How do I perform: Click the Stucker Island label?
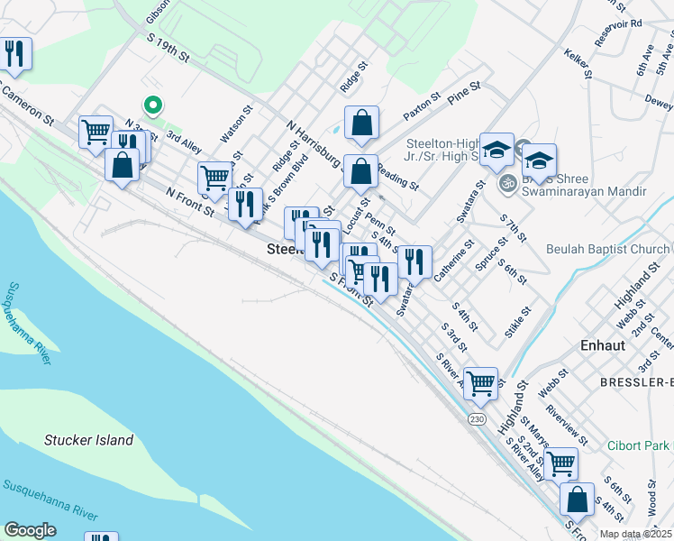(89, 441)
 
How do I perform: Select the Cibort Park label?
(638, 445)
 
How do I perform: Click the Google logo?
(30, 530)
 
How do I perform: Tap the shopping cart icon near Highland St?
(480, 382)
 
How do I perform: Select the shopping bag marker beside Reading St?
(360, 170)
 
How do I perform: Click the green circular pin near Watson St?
(153, 105)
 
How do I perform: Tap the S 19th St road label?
(168, 49)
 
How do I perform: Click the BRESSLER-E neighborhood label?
(636, 382)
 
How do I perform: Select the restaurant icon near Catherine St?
(414, 261)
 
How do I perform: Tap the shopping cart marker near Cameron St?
(95, 132)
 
